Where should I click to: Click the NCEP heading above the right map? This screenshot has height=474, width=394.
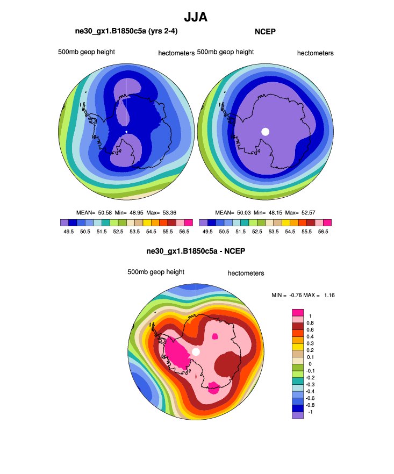coord(265,32)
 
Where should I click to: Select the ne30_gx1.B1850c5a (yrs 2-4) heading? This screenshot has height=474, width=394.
coord(126,32)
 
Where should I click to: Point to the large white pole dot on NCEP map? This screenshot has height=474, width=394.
coord(265,132)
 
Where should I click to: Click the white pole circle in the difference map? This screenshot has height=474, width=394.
coord(196,351)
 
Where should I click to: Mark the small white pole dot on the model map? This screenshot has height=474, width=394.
coord(126,132)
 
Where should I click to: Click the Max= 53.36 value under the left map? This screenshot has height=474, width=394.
coord(162,212)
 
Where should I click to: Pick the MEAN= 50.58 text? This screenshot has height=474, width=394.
coord(94,212)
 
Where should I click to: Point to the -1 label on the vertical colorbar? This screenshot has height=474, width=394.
coord(310,412)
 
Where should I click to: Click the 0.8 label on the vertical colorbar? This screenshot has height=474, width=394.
coord(310,322)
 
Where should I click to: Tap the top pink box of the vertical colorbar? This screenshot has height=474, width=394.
coord(298,312)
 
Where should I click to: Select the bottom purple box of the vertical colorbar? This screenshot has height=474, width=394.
coord(298,415)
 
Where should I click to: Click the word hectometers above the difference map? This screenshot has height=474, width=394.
coord(246,273)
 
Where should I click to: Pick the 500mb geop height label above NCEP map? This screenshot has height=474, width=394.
coord(225,52)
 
